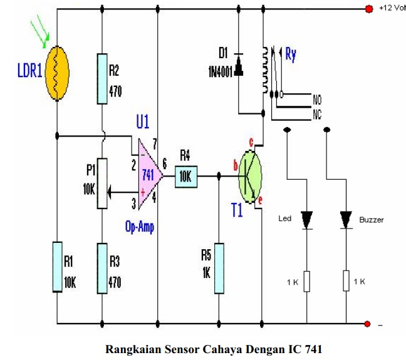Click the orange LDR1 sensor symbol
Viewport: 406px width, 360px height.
[x=57, y=73]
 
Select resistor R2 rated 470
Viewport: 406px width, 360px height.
[x=101, y=79]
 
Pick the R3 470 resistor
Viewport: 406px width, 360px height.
[x=101, y=265]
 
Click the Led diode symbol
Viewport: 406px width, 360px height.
[x=306, y=220]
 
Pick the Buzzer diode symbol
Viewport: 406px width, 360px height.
[x=346, y=220]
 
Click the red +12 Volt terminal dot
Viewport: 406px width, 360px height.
[x=368, y=9]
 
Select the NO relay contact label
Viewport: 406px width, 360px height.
[x=317, y=99]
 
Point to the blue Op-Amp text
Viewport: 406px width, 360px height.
[x=140, y=227]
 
